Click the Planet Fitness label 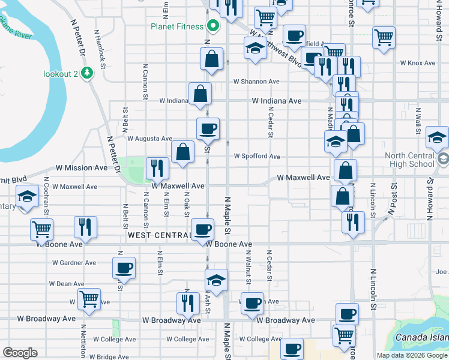point(178,26)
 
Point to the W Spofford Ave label point(257,157)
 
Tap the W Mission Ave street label point(82,169)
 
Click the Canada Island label point(421,337)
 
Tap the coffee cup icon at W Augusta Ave point(208,128)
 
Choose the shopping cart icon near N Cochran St point(41,229)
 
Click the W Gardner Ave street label point(74,263)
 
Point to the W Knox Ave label point(417,63)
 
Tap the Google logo point(20,353)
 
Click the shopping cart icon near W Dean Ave point(89,298)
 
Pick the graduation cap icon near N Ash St point(217,279)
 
